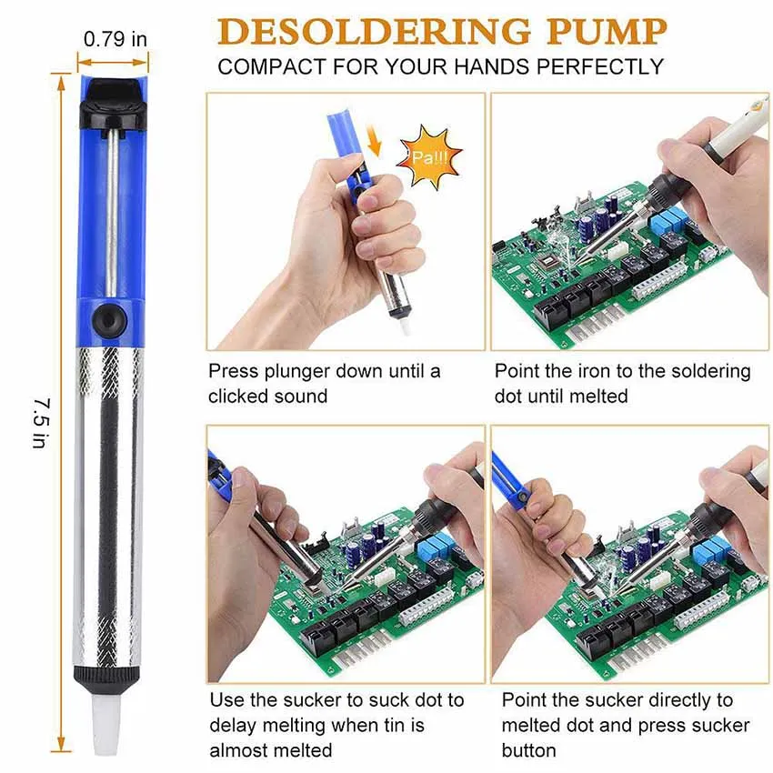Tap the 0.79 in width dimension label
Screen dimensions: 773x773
point(115,39)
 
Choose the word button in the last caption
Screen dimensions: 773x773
point(528,749)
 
